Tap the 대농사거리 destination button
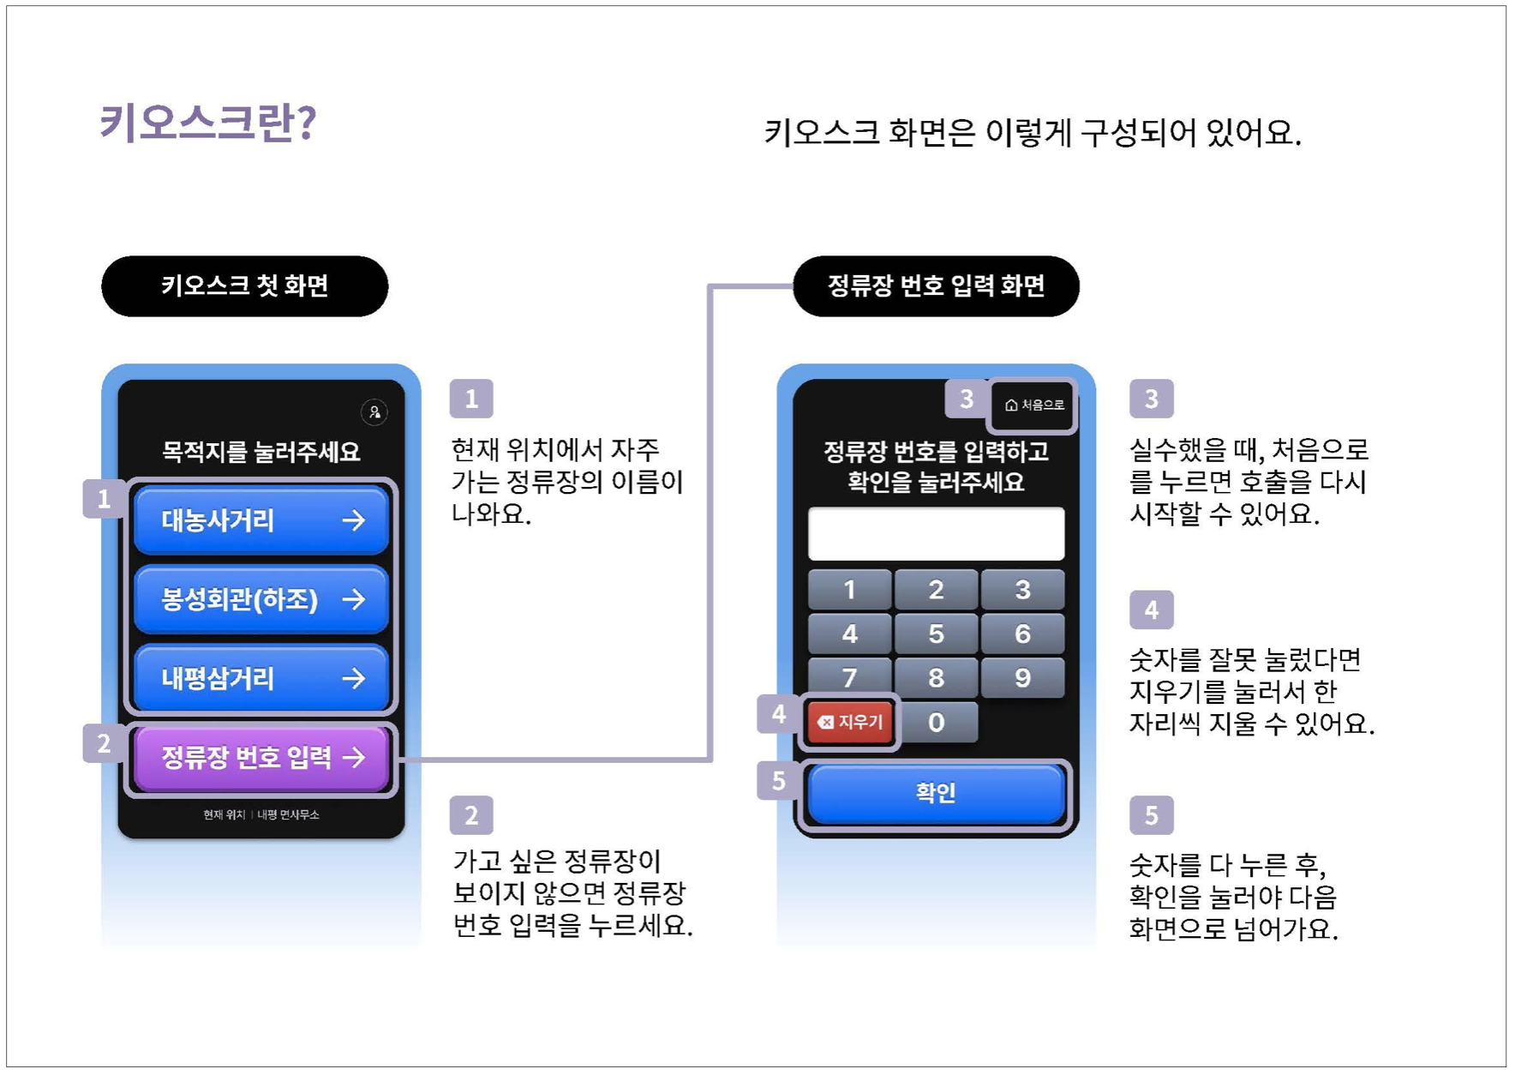(260, 520)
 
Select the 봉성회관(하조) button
(260, 599)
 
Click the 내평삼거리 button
(260, 679)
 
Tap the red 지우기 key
(850, 723)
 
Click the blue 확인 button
(936, 792)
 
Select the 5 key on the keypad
(936, 634)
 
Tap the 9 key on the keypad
(1022, 678)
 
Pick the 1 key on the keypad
(849, 590)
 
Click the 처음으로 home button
(1033, 405)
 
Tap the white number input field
(936, 533)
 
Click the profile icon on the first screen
(374, 412)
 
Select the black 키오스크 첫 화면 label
(244, 285)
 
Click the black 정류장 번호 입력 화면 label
(936, 285)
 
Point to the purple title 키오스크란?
(208, 122)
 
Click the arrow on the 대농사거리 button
(353, 520)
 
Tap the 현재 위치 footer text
(225, 814)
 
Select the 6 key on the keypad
(1022, 634)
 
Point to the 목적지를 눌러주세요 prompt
(260, 451)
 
